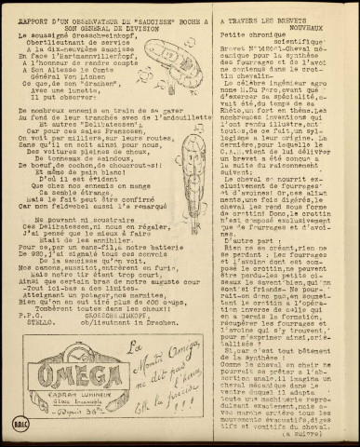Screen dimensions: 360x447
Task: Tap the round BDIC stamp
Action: point(17,429)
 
